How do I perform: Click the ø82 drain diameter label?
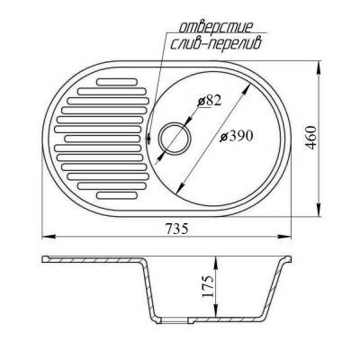pos(209,102)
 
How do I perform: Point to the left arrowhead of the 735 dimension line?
pos(42,239)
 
